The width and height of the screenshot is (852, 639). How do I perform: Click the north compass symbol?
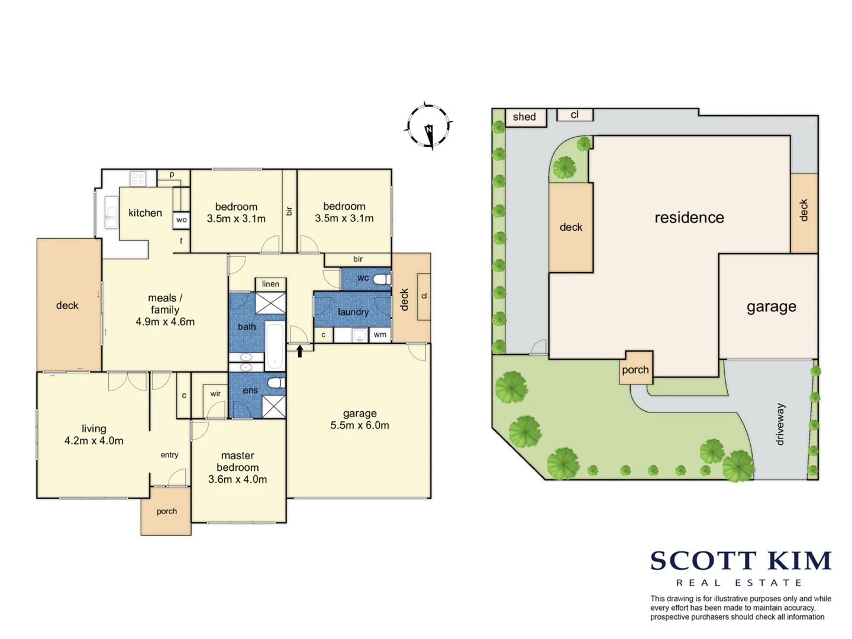click(x=428, y=126)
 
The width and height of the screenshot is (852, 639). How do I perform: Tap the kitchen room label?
click(x=145, y=213)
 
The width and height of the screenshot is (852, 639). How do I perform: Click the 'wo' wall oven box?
click(x=181, y=220)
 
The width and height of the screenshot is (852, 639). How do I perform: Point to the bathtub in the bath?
click(x=275, y=346)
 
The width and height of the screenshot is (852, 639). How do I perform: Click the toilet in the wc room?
click(x=382, y=279)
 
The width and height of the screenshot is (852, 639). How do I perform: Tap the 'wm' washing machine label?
click(x=380, y=335)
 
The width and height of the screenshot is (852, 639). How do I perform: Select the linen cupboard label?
click(x=270, y=284)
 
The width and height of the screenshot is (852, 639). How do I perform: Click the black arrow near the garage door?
click(x=300, y=351)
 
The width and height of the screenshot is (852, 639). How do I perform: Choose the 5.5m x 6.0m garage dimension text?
click(x=360, y=425)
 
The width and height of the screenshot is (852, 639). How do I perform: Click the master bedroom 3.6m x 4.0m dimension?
click(x=237, y=479)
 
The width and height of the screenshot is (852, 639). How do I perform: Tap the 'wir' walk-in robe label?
click(x=215, y=393)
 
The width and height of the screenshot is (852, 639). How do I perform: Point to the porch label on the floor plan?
click(x=166, y=511)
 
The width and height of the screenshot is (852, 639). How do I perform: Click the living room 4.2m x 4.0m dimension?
click(x=94, y=441)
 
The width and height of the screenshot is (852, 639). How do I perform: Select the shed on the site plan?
click(x=525, y=117)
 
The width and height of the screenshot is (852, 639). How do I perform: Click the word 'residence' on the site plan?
click(x=689, y=218)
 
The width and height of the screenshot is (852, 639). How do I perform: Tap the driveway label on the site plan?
click(x=780, y=424)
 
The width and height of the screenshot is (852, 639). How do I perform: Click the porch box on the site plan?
click(x=635, y=370)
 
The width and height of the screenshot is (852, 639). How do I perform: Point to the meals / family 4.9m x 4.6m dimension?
click(x=165, y=322)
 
